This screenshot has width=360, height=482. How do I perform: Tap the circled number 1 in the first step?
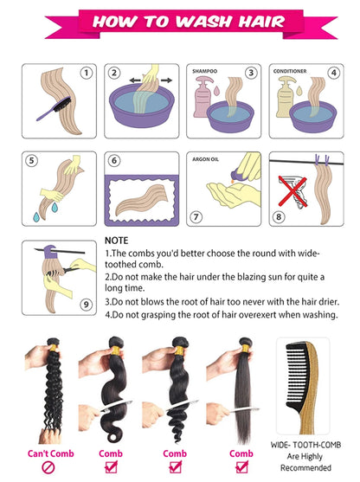tap(86, 74)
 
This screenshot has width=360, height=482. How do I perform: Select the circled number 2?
tap(114, 74)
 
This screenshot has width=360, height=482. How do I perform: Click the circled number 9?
tap(86, 303)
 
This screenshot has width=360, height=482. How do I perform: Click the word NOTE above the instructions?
tap(116, 240)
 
